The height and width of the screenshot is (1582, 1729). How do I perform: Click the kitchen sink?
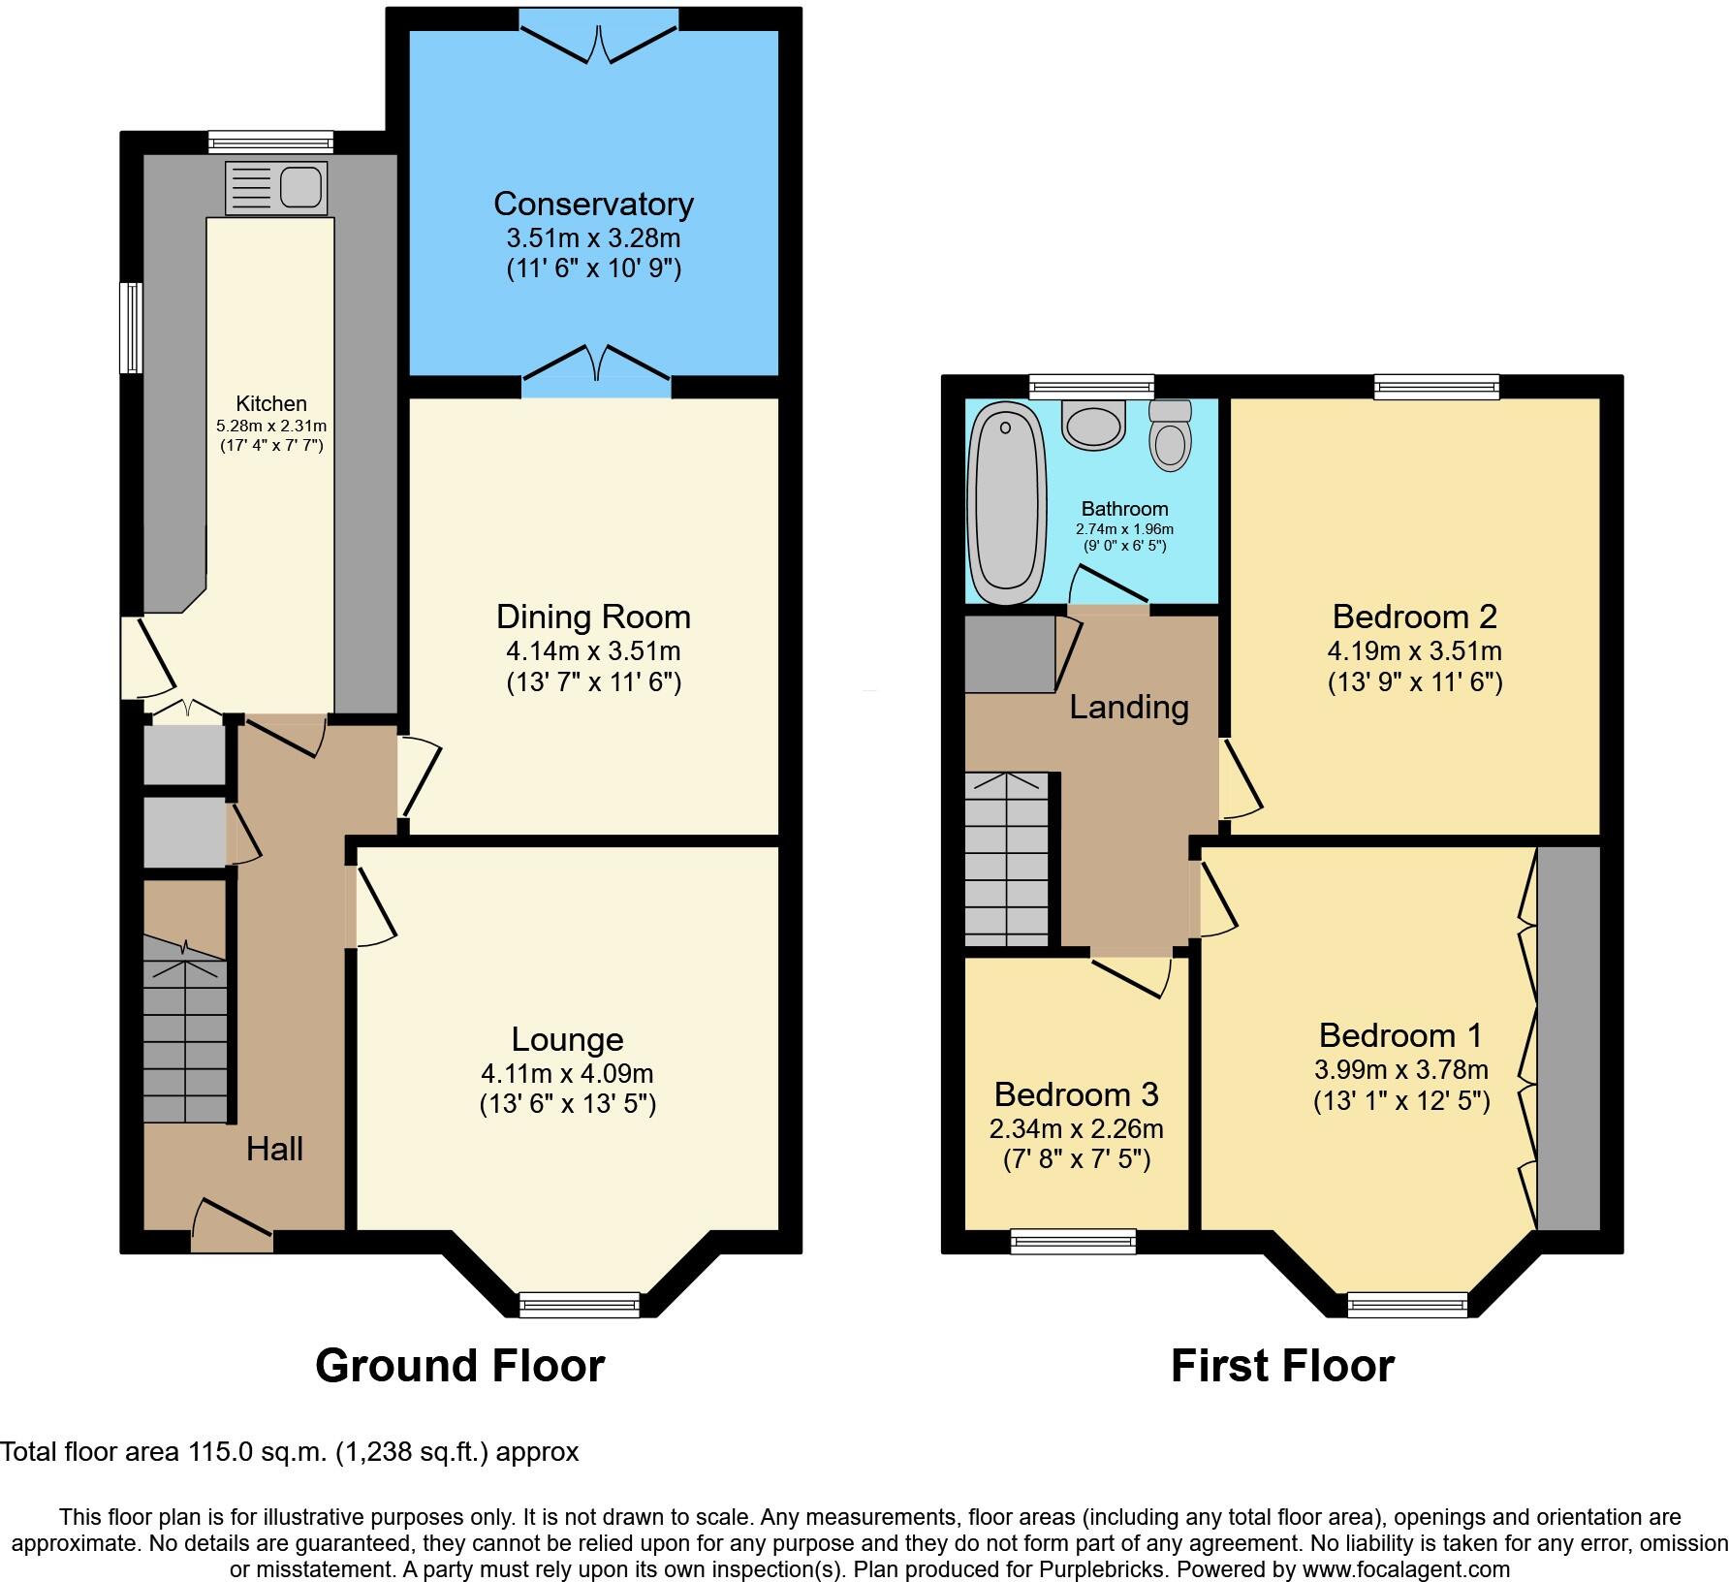[x=276, y=187]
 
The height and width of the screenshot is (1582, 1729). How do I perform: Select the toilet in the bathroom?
[x=1170, y=437]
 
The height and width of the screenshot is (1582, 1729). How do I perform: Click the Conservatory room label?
[x=593, y=205]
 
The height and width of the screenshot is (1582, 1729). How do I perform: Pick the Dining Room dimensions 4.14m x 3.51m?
[x=593, y=650]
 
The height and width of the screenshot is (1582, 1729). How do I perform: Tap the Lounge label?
[x=567, y=1039]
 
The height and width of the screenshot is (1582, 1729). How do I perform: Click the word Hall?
[x=274, y=1150]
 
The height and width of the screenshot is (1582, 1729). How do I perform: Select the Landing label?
[x=1128, y=707]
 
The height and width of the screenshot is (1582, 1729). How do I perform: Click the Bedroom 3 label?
[x=1076, y=1094]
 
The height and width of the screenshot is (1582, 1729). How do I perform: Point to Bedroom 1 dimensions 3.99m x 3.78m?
[x=1400, y=1070]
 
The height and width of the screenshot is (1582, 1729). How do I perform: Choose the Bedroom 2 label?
[x=1414, y=617]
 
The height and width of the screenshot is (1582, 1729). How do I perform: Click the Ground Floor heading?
[x=459, y=1366]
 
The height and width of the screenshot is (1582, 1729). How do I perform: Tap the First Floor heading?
[x=1281, y=1366]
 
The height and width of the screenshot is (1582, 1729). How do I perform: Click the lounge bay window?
[x=580, y=1305]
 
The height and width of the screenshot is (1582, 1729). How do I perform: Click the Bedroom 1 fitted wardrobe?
[x=1567, y=1037]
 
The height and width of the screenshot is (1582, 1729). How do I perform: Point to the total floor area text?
[x=289, y=1452]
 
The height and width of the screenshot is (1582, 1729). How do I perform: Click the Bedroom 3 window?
[x=1072, y=1240]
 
